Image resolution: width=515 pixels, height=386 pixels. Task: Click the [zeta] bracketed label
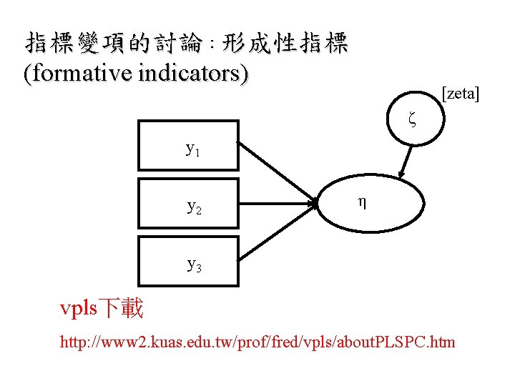(x=461, y=93)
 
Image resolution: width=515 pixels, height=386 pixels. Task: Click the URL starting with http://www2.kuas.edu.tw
(x=257, y=342)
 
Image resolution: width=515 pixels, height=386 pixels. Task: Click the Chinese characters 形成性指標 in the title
(x=285, y=44)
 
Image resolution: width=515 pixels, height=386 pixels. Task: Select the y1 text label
(x=193, y=149)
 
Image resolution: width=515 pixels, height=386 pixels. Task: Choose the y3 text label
(x=194, y=265)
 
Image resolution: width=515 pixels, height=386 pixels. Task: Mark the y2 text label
(x=194, y=207)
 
